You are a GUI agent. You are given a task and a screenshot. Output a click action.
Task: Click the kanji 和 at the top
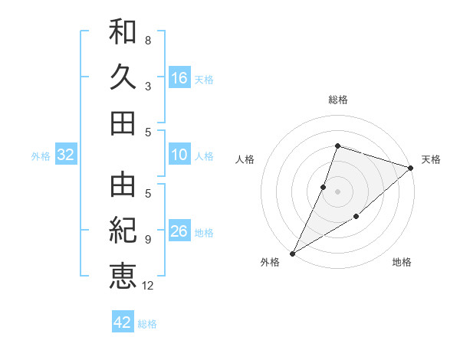pos(123,32)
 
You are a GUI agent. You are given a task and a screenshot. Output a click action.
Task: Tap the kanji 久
pos(123,77)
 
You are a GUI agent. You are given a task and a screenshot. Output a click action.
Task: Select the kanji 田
pos(123,123)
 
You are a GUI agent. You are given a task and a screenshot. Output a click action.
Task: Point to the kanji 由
pos(123,184)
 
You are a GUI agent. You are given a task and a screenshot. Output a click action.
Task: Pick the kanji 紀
pos(123,229)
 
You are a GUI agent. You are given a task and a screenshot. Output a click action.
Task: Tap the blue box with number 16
pos(179,78)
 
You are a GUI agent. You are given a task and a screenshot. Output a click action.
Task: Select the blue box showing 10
pos(179,155)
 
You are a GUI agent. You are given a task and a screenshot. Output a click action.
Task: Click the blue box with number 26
pos(179,231)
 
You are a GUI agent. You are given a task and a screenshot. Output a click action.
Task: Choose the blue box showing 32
pos(65,155)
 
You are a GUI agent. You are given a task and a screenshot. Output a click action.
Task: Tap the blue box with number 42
pos(123,322)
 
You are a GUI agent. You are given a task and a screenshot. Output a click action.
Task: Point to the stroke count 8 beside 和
pos(148,40)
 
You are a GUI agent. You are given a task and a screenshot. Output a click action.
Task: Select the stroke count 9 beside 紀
pos(148,240)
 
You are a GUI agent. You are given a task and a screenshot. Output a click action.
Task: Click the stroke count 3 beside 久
pos(148,86)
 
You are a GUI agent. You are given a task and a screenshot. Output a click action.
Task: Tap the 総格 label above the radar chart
pos(337,100)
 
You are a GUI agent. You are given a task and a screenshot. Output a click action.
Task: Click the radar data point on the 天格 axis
pos(411,168)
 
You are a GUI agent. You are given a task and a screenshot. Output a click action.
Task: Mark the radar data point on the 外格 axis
pos(292,253)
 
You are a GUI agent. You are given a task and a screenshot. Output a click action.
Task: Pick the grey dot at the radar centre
pos(337,191)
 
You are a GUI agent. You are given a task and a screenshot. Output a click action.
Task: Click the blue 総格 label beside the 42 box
pos(147,324)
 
